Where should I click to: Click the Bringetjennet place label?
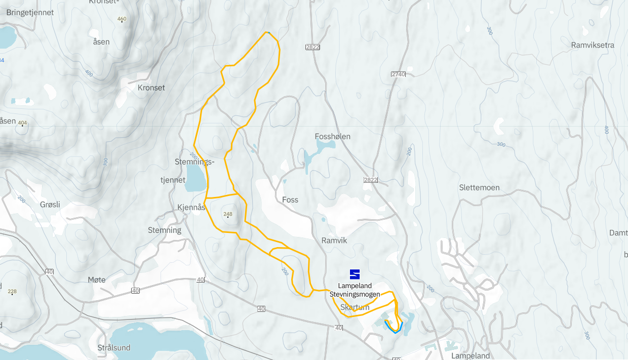click(x=30, y=13)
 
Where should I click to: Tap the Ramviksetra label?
click(x=592, y=45)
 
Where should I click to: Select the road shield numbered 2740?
click(x=399, y=74)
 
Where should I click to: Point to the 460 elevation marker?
click(x=122, y=19)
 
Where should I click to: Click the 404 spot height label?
click(x=22, y=123)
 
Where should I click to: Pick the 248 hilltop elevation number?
click(x=228, y=214)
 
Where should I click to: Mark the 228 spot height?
click(x=12, y=291)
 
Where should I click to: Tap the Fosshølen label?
click(x=332, y=137)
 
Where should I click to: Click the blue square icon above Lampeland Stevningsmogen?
click(x=355, y=274)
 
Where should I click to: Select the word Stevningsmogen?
click(x=355, y=294)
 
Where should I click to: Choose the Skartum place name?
click(x=355, y=307)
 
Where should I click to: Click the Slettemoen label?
click(x=479, y=188)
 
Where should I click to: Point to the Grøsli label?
click(x=50, y=205)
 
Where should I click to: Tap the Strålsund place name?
click(x=113, y=348)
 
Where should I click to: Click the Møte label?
click(x=96, y=280)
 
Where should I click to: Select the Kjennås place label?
click(x=191, y=207)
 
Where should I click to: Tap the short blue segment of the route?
click(x=394, y=328)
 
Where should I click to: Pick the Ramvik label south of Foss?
click(x=334, y=241)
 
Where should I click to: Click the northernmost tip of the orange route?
click(x=267, y=32)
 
